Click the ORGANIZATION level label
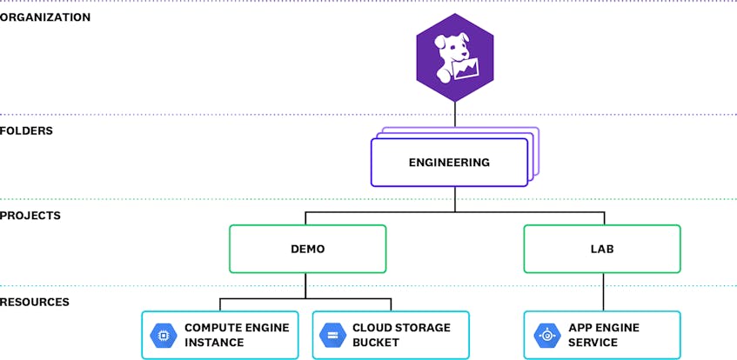tap(45, 18)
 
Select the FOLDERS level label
tap(26, 130)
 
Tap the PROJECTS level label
tap(30, 216)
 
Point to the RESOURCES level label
tap(35, 302)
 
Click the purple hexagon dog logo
tap(455, 57)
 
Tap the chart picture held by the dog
tap(466, 69)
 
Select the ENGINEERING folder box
tap(449, 163)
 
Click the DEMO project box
tap(307, 249)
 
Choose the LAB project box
tap(602, 249)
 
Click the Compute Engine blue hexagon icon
tap(164, 335)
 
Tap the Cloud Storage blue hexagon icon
tap(332, 335)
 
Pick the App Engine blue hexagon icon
tap(547, 335)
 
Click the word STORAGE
tap(422, 328)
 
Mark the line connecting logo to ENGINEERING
tap(455, 114)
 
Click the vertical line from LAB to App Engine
tap(604, 292)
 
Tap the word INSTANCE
tap(214, 343)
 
